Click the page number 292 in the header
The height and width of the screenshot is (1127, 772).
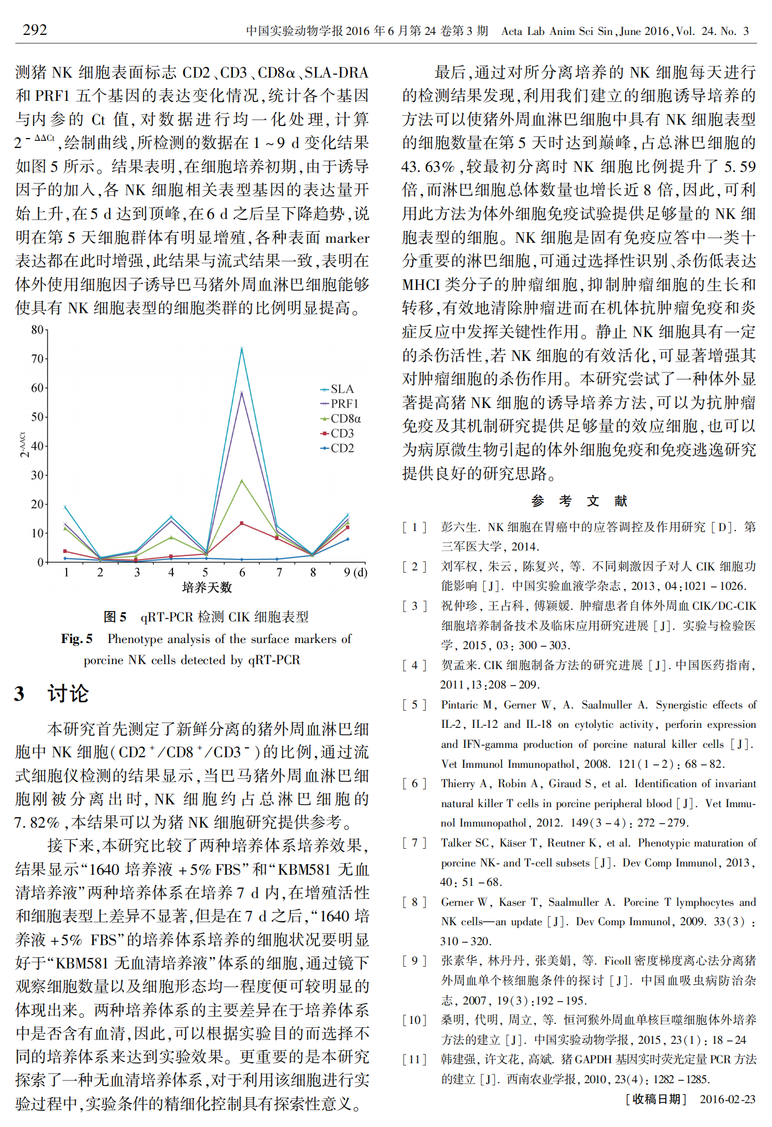[x=35, y=30]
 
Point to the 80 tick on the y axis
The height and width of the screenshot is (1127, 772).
[x=37, y=330]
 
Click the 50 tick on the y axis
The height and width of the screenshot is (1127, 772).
[x=37, y=417]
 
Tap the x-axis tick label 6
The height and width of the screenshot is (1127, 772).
[x=242, y=572]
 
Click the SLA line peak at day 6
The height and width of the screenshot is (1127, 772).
[x=242, y=349]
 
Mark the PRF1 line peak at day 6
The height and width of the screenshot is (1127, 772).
[x=242, y=393]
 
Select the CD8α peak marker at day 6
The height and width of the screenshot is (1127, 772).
[x=242, y=481]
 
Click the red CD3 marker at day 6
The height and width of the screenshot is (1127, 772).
[x=242, y=523]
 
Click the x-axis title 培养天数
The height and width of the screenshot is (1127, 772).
[x=207, y=587]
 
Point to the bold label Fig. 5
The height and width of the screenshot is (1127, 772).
[x=76, y=639]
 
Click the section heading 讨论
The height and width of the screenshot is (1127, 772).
[x=68, y=693]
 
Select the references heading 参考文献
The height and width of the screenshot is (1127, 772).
[x=579, y=501]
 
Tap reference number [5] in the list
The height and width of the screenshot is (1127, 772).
[x=415, y=705]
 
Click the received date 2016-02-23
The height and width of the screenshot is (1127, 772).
[x=727, y=1099]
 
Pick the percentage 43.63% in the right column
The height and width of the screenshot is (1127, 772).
[x=428, y=167]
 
